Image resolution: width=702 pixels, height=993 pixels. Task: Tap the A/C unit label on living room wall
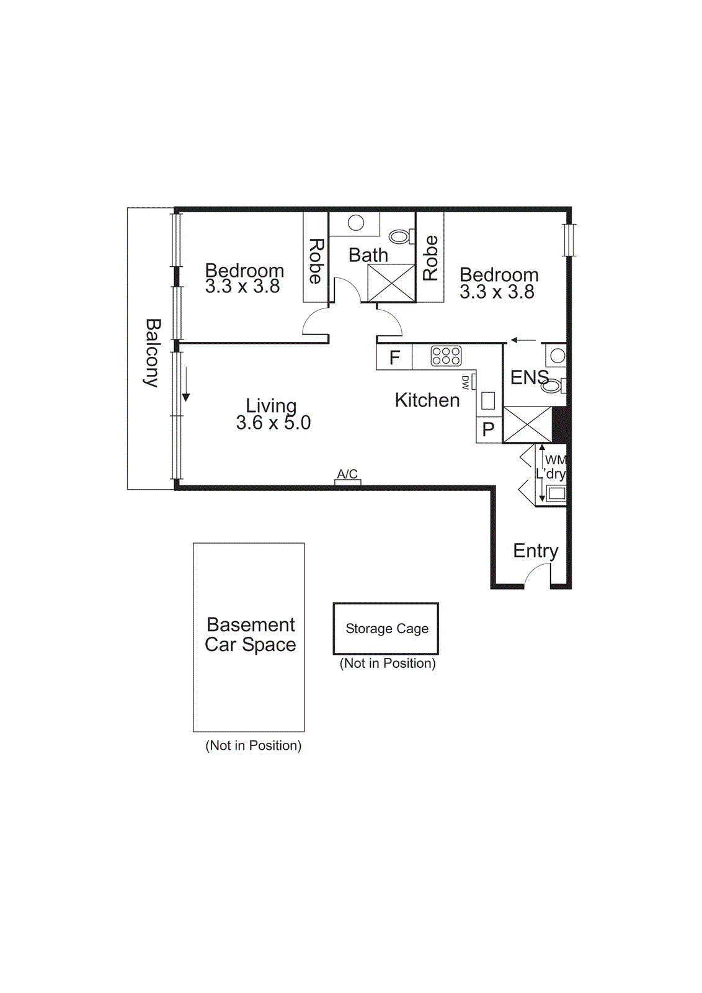pyautogui.click(x=347, y=474)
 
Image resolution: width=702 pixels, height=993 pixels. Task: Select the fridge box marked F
pyautogui.click(x=394, y=357)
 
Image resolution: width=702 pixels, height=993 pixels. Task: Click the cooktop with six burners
pyautogui.click(x=446, y=356)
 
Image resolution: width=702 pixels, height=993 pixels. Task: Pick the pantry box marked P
pyautogui.click(x=489, y=429)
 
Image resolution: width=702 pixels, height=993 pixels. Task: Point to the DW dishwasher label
pyautogui.click(x=466, y=382)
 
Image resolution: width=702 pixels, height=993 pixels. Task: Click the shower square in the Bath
pyautogui.click(x=391, y=283)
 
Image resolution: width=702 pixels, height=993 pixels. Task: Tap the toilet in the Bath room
pyautogui.click(x=400, y=236)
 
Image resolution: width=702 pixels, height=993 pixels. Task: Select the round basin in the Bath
pyautogui.click(x=356, y=223)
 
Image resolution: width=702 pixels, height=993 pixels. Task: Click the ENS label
pyautogui.click(x=528, y=377)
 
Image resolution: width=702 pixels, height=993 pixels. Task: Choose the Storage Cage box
pyautogui.click(x=386, y=629)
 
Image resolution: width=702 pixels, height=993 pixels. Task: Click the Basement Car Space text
pyautogui.click(x=251, y=634)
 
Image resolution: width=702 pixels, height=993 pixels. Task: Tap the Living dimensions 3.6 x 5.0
pyautogui.click(x=273, y=423)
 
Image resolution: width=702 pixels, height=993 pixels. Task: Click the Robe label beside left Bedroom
pyautogui.click(x=316, y=261)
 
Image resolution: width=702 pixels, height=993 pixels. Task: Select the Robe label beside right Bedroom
pyautogui.click(x=430, y=258)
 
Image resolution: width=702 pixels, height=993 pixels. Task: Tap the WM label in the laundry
pyautogui.click(x=555, y=460)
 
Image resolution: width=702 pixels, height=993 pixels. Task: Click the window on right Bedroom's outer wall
pyautogui.click(x=569, y=240)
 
